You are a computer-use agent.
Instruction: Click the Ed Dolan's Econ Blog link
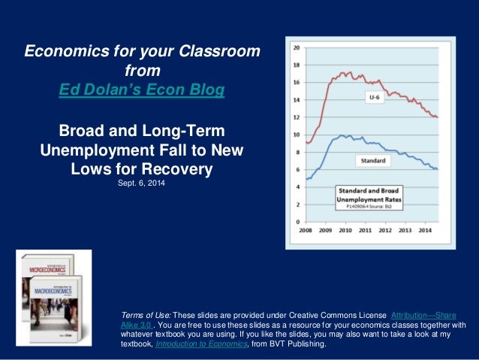142,90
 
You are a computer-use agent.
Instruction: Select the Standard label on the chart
372,161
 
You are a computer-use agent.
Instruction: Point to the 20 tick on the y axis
296,47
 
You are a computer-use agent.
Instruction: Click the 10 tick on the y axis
296,135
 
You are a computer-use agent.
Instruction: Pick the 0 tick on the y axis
297,222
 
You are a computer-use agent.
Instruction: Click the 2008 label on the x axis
307,231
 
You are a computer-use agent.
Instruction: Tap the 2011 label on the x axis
365,231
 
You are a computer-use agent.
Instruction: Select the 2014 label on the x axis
424,231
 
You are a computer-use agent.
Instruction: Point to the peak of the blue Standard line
342,136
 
